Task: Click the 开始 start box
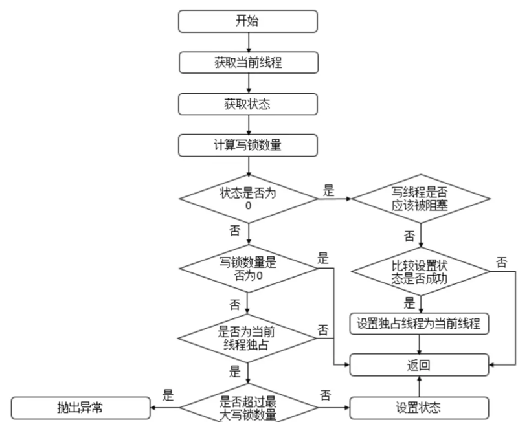pyautogui.click(x=249, y=21)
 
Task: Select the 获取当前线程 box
pyautogui.click(x=249, y=62)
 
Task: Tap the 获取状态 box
pyautogui.click(x=249, y=104)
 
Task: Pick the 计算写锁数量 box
pyautogui.click(x=249, y=145)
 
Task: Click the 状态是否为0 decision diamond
pyautogui.click(x=249, y=197)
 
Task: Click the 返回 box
pyautogui.click(x=420, y=365)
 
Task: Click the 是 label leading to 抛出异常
pyautogui.click(x=169, y=395)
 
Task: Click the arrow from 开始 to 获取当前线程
pyautogui.click(x=249, y=41)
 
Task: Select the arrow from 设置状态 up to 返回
pyautogui.click(x=420, y=386)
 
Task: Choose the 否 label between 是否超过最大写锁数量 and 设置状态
pyautogui.click(x=326, y=394)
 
